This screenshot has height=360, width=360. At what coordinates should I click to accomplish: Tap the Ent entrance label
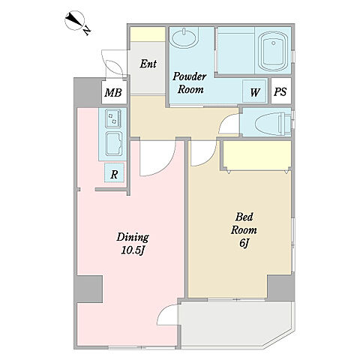148,64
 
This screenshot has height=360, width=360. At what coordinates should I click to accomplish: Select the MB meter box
114,92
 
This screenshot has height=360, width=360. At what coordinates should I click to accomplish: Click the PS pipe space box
281,91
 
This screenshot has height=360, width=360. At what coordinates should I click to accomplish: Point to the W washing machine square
254,91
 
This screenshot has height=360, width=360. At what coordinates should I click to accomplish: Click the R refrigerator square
114,172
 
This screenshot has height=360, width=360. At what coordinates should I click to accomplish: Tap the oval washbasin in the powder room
184,38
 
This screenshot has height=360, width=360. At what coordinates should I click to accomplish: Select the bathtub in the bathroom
273,51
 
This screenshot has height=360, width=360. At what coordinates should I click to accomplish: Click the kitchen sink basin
114,144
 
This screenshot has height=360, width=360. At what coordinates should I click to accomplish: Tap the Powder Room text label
190,82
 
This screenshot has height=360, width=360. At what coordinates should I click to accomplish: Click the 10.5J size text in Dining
133,250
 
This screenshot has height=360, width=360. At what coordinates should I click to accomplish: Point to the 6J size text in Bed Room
244,243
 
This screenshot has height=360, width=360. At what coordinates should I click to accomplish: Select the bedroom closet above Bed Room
257,155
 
